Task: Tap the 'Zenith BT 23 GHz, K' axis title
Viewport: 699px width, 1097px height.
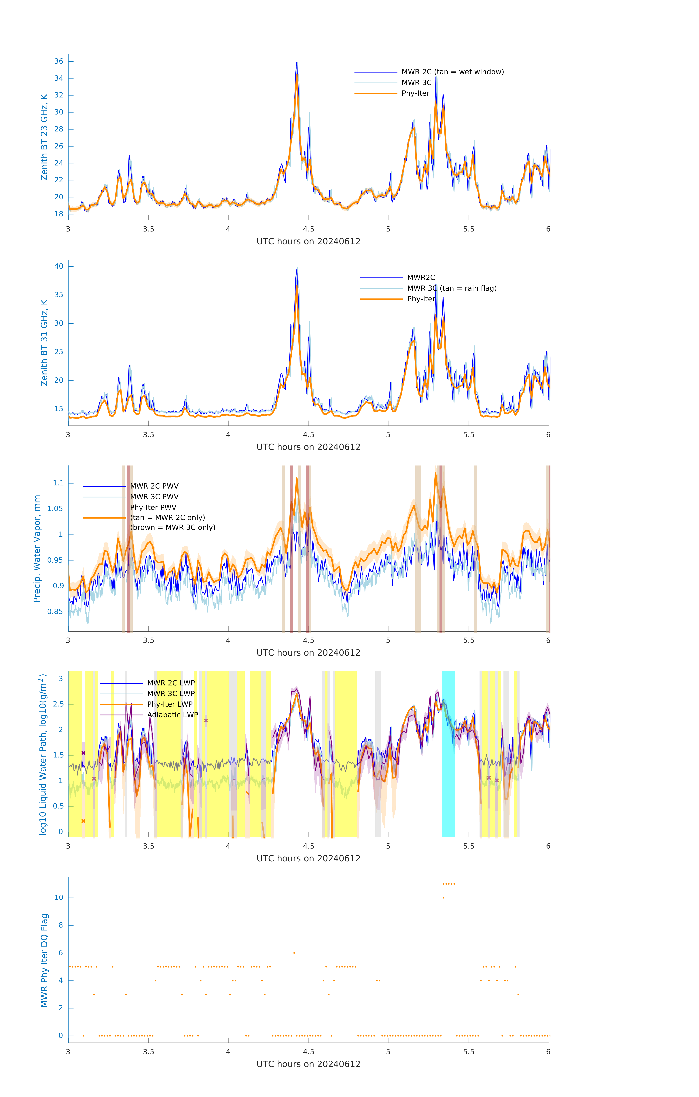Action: [x=44, y=137]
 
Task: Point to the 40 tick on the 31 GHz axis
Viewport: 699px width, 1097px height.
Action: [x=59, y=267]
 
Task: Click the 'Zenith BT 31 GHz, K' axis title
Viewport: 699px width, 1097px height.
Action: [x=44, y=343]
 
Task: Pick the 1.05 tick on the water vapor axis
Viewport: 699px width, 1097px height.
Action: [x=55, y=509]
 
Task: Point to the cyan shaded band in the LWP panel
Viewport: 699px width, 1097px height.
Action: [x=448, y=754]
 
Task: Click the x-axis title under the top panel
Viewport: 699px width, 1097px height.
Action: [x=308, y=242]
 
